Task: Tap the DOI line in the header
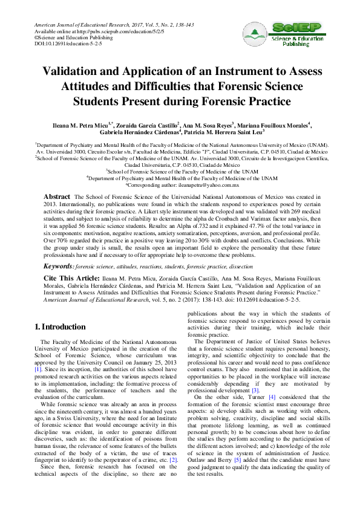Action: pos(60,44)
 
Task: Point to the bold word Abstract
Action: pos(57,198)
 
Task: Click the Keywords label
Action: pos(59,250)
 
